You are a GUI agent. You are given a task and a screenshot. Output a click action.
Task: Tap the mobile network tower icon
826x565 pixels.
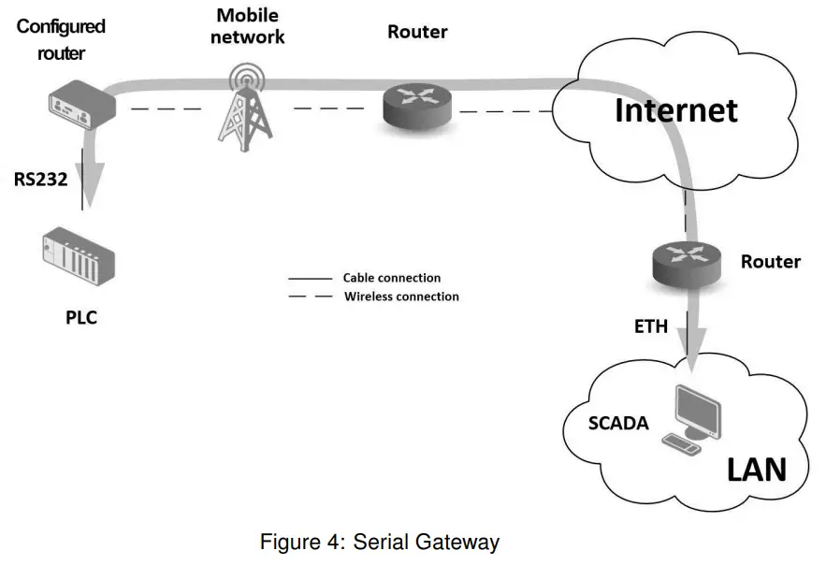[245, 105]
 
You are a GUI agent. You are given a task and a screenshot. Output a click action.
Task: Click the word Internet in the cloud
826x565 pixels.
[675, 110]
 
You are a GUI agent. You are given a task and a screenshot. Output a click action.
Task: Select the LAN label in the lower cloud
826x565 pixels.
[756, 469]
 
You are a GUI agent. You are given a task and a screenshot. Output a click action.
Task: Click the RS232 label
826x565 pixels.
[40, 180]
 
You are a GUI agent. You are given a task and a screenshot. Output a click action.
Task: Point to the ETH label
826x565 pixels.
[651, 326]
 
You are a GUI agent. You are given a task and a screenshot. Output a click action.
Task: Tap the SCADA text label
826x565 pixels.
[618, 423]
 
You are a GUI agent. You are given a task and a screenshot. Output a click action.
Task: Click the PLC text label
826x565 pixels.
[80, 318]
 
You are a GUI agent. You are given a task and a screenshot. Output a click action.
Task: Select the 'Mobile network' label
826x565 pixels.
[247, 26]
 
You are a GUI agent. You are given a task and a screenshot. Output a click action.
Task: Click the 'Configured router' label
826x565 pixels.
[61, 39]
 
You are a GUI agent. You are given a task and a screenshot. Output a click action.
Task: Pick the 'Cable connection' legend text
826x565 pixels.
[391, 278]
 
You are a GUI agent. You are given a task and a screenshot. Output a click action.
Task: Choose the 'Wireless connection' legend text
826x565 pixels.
[401, 297]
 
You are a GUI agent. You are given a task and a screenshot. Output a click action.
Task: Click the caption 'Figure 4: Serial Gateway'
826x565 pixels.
[380, 542]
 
